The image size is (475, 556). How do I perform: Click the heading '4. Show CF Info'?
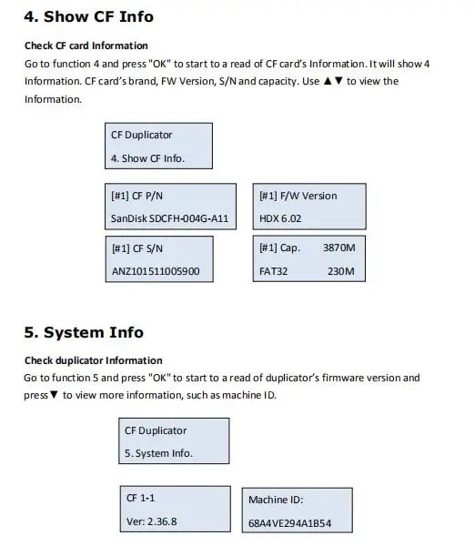88,16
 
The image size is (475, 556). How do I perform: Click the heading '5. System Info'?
84,332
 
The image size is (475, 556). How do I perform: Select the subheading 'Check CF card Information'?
86,45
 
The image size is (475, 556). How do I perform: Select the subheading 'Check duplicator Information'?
93,360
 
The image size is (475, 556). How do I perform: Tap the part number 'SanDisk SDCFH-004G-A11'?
169,218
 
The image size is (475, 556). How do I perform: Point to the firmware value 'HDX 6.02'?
280,218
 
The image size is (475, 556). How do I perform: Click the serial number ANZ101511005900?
156,271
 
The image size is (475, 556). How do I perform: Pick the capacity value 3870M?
339,248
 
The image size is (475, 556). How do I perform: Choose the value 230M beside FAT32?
340,271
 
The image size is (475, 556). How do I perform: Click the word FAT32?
273,271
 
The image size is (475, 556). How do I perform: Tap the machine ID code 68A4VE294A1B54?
289,523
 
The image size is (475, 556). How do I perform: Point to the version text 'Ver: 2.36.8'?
151,521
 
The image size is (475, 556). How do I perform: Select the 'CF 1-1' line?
140,498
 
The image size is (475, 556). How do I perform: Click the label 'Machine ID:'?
276,500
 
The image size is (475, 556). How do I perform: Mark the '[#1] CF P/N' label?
136,196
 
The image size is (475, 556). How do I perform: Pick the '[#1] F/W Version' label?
298,196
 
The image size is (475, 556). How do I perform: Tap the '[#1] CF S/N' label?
137,248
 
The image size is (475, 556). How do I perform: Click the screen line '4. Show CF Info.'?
147,158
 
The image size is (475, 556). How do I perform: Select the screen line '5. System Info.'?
158,453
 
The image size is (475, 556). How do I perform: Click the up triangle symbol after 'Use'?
328,81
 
